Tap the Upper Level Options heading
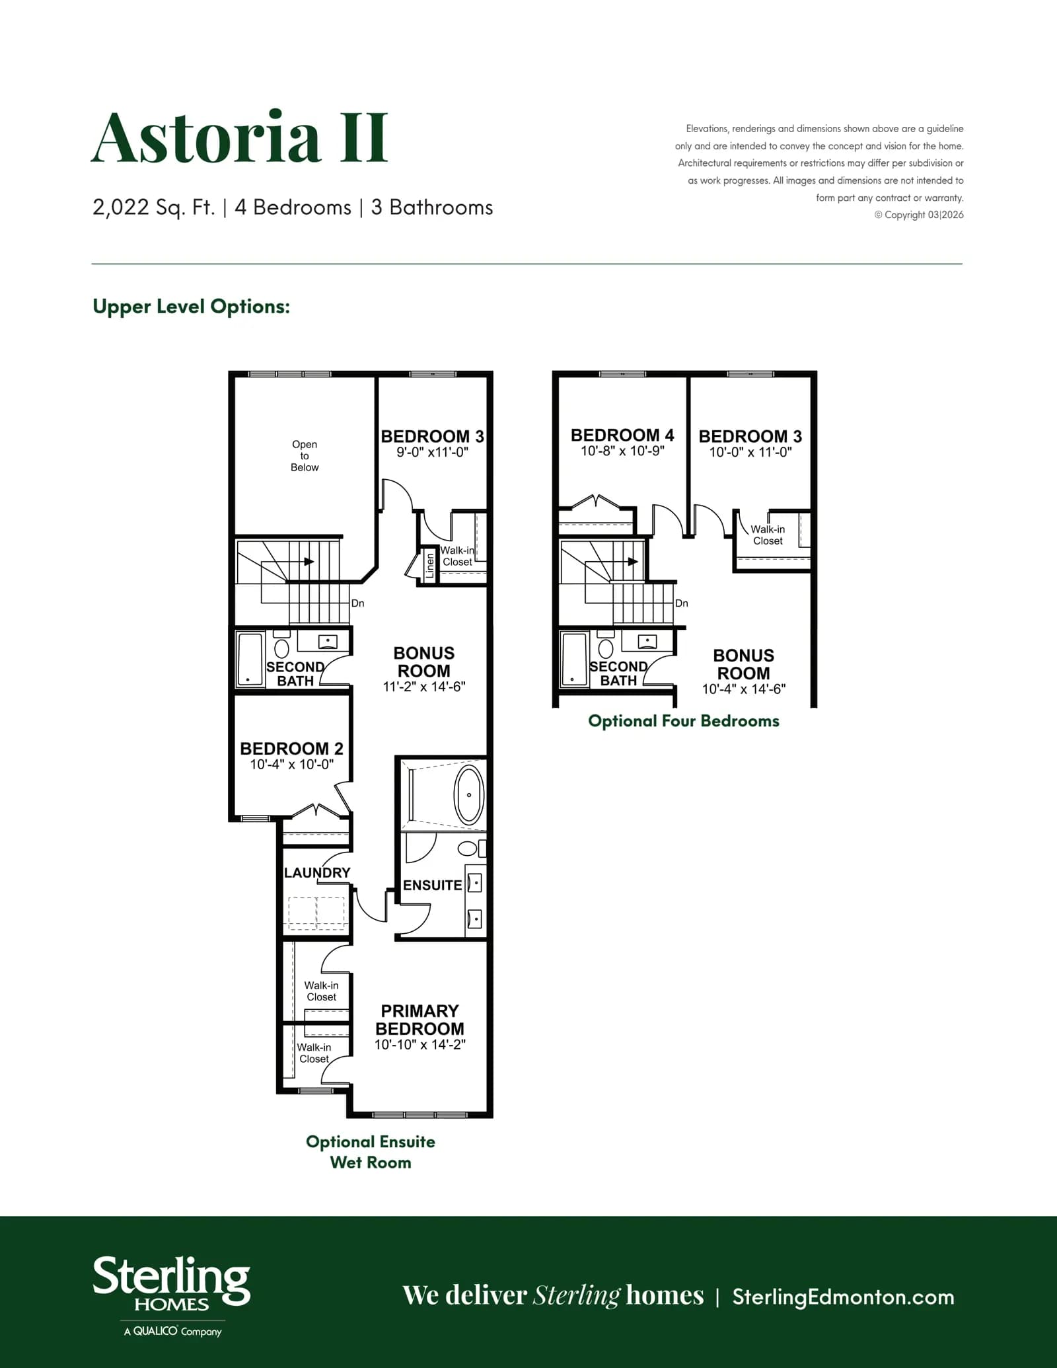(x=191, y=307)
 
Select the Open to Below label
(x=305, y=455)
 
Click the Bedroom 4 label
(x=622, y=435)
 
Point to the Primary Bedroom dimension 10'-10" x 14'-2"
(x=420, y=1044)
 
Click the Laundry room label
(x=317, y=872)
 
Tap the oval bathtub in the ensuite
(x=469, y=794)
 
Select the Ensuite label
(x=432, y=885)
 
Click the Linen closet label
(x=430, y=566)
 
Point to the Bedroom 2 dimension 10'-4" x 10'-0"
(x=291, y=764)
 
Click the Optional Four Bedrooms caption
(x=684, y=721)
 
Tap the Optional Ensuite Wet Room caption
(x=371, y=1152)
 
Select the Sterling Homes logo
(x=171, y=1296)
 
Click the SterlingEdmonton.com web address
(x=843, y=1297)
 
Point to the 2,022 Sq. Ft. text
(x=153, y=208)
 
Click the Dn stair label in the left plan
(x=357, y=603)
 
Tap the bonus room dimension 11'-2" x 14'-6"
(x=424, y=686)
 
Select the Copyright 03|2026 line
(x=919, y=215)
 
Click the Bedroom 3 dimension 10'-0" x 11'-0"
(x=750, y=452)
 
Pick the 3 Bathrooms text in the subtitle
(x=432, y=208)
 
